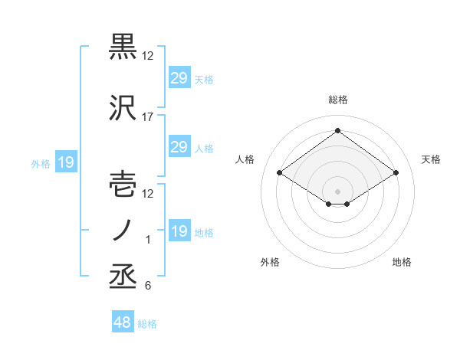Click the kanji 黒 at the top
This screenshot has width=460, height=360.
[124, 47]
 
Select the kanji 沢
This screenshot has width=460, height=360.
[124, 108]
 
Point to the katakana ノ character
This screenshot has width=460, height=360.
[124, 231]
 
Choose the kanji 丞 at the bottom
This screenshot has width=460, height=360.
[124, 277]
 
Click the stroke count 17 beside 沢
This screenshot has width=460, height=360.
[148, 117]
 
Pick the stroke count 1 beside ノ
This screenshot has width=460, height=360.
[149, 240]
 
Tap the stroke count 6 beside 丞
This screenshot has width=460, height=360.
[148, 286]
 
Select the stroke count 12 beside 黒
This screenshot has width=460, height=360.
[148, 56]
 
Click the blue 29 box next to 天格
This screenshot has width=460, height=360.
[179, 78]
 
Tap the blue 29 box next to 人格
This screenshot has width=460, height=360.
[179, 147]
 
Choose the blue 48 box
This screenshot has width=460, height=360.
[123, 322]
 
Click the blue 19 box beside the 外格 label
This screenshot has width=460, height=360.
[66, 162]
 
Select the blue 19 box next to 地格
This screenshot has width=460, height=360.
[179, 231]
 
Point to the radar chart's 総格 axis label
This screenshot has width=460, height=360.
[337, 100]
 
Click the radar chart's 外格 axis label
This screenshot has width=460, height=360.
[270, 262]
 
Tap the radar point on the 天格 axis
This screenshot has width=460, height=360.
[396, 173]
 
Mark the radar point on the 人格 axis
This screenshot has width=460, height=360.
[280, 173]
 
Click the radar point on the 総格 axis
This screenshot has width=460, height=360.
[337, 131]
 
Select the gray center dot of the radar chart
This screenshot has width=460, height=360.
[337, 190]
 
